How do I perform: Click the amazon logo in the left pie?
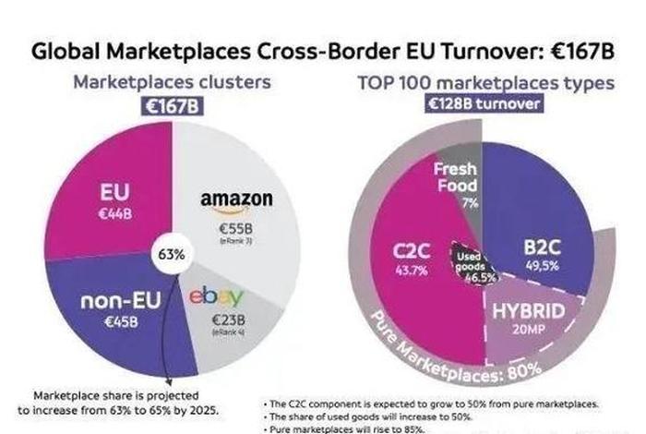[236, 199]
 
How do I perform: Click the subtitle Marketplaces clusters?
[172, 82]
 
